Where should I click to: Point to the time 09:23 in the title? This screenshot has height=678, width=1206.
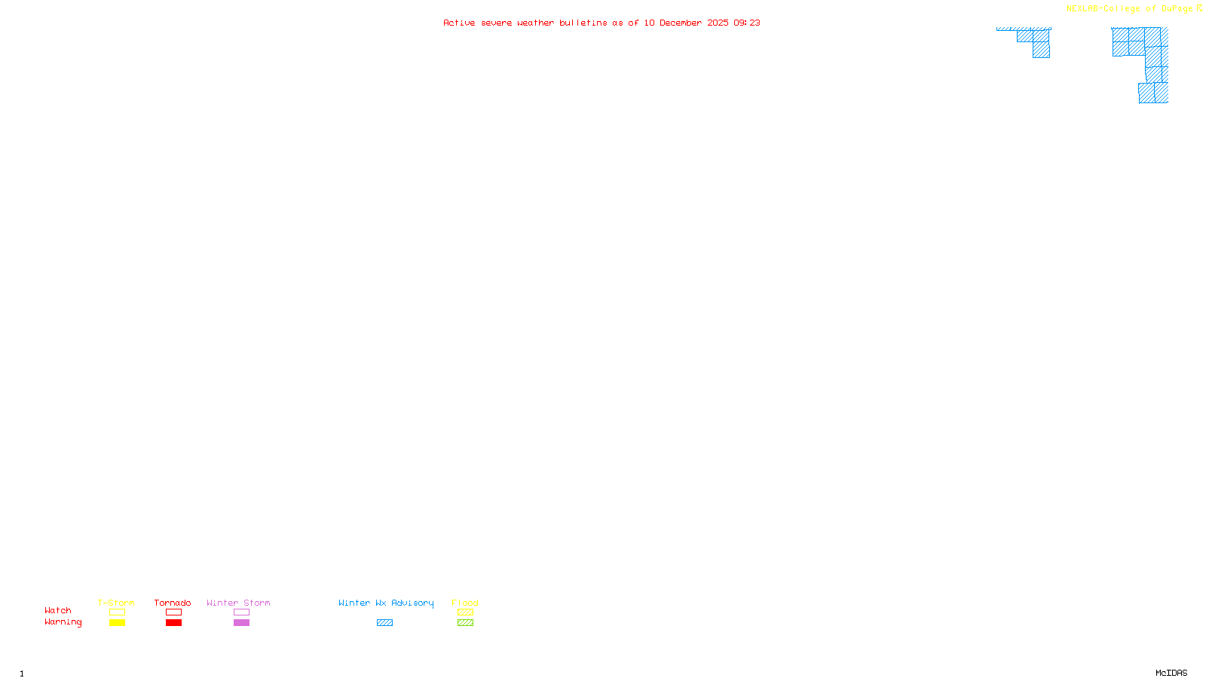(x=747, y=23)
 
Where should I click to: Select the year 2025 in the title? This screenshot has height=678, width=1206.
(x=718, y=23)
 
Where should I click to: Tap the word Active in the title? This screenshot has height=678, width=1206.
(x=459, y=23)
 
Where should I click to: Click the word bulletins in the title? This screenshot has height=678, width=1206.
(x=583, y=23)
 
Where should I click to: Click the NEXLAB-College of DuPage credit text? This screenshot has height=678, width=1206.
(x=1129, y=8)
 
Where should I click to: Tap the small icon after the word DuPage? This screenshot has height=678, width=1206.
(x=1199, y=8)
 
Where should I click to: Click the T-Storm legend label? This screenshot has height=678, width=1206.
(x=116, y=603)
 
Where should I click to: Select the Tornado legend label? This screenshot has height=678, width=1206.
(x=173, y=603)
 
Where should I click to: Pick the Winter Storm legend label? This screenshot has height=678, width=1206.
(x=238, y=603)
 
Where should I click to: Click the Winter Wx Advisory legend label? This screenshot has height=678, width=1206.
(x=386, y=603)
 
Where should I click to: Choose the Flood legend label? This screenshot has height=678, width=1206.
(x=465, y=603)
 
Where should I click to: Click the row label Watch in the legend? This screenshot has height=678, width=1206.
(x=58, y=610)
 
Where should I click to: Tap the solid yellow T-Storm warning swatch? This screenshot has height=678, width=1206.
(x=117, y=623)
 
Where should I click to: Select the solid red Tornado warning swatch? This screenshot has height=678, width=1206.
(x=174, y=623)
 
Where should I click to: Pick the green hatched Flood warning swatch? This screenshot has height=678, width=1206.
(x=466, y=623)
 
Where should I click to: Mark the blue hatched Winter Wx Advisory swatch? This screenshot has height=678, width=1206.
(x=385, y=623)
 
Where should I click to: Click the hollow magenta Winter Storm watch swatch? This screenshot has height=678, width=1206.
(x=241, y=612)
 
